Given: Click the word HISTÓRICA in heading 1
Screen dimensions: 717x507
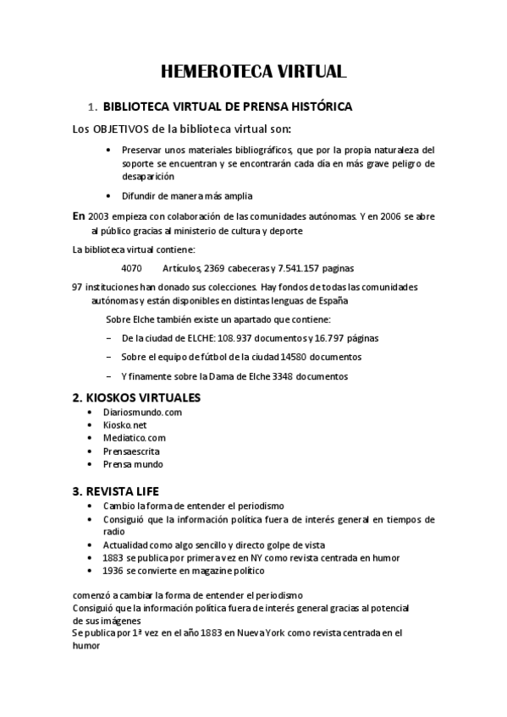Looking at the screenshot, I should [x=320, y=107].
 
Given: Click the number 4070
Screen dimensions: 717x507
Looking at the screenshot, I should [x=131, y=268].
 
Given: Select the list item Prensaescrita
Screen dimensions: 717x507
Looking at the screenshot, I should [x=131, y=452].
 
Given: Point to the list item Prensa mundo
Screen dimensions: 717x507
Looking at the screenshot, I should [x=133, y=464].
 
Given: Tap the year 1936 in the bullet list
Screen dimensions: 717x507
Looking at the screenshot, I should [x=113, y=571].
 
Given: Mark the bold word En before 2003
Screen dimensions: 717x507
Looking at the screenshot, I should [x=80, y=216].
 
